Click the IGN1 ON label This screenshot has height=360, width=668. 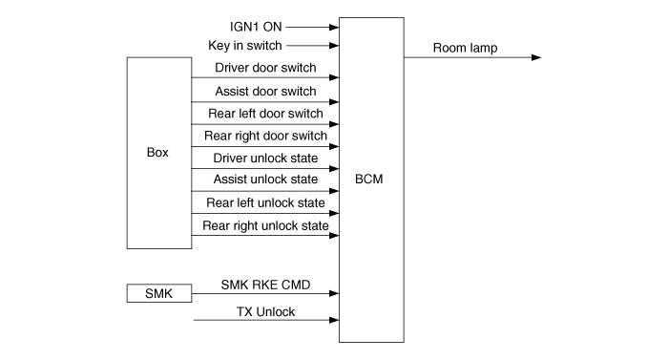(x=256, y=27)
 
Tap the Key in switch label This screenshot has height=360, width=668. (x=245, y=45)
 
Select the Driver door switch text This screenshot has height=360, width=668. (x=265, y=68)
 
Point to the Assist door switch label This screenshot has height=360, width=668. (x=265, y=91)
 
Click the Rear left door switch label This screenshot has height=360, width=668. (x=265, y=114)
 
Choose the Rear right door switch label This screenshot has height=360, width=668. (x=265, y=136)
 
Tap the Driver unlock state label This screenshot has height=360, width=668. (x=265, y=158)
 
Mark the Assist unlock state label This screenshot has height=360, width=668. (x=265, y=180)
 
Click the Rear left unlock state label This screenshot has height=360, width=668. (x=265, y=202)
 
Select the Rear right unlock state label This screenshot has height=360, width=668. (x=265, y=225)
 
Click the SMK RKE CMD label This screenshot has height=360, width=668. (x=265, y=285)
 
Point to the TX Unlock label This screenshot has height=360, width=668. (x=265, y=312)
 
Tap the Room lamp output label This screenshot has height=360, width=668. (x=466, y=48)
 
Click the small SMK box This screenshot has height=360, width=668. (x=159, y=293)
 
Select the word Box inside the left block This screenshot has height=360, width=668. (x=157, y=152)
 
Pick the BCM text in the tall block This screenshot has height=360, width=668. (x=369, y=180)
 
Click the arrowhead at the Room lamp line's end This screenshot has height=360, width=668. (x=536, y=57)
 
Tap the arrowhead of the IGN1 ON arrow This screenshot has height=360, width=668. (x=334, y=28)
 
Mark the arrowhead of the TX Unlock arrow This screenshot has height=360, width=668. (x=334, y=320)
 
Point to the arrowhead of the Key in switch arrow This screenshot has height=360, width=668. (x=334, y=46)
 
